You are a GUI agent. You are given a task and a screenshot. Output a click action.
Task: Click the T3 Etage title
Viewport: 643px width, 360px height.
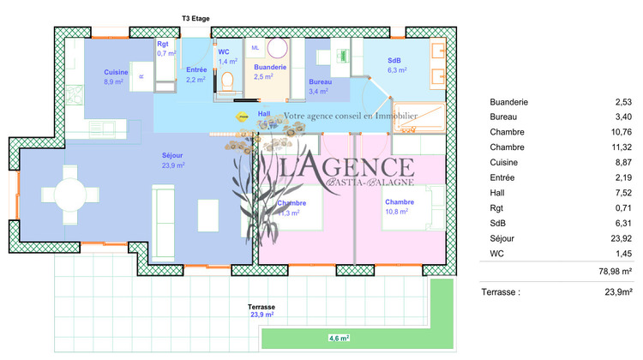(x=195, y=18)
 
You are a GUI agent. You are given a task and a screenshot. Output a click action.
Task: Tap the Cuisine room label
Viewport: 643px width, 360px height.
(x=116, y=72)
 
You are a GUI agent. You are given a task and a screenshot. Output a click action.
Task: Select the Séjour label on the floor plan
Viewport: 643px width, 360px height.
(x=172, y=155)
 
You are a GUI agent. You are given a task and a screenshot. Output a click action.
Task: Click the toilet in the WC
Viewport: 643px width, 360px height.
(x=227, y=81)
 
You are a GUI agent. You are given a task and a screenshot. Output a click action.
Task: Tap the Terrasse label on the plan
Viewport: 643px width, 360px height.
(x=261, y=306)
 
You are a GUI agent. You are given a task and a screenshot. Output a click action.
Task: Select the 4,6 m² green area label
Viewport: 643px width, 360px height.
(x=339, y=339)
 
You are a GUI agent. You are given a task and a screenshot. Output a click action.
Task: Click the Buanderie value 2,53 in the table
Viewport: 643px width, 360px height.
(x=622, y=100)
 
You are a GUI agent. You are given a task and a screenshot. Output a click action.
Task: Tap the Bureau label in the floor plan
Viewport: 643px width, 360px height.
(x=321, y=81)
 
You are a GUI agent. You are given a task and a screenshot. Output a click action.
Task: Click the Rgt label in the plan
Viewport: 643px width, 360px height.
(x=164, y=44)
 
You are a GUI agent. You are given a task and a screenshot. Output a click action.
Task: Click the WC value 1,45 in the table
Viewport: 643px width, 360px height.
(x=622, y=255)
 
